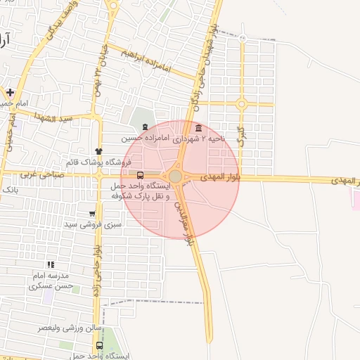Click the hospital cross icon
[x=11, y=92]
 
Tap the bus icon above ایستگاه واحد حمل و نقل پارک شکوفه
[x=140, y=175]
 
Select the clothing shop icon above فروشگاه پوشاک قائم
[x=99, y=151]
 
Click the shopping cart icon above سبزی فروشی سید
[x=92, y=214]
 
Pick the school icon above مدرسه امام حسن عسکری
[x=50, y=265]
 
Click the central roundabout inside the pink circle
[x=175, y=176]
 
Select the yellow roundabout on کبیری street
[x=241, y=104]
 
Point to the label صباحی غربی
[x=43, y=174]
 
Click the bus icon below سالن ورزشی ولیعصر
[x=99, y=346]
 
